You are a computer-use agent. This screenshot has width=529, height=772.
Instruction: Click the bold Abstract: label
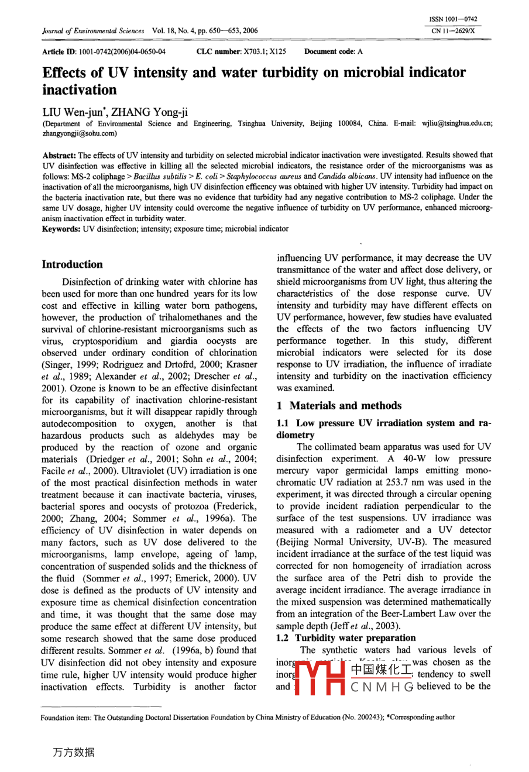[60, 155]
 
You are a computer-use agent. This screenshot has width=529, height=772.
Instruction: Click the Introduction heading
[72, 264]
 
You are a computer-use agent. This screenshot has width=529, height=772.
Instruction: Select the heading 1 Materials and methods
[339, 405]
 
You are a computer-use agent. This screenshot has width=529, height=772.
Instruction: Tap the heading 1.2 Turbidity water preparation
[346, 638]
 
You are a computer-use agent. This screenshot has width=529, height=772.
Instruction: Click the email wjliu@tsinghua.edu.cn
[457, 123]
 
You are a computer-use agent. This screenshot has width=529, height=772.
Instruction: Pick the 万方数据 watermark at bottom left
[73, 753]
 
